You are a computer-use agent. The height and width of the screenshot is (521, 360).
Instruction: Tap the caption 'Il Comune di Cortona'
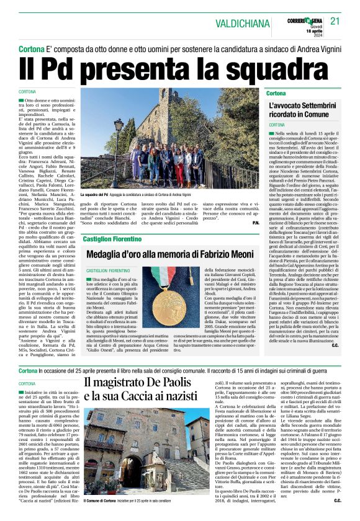(x=101, y=500)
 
